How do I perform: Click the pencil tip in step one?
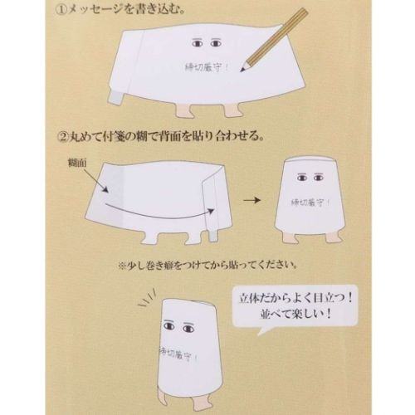click(242, 71)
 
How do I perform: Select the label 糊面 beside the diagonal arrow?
click(77, 164)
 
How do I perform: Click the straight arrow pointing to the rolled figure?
click(251, 200)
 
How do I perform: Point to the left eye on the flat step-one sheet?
click(198, 43)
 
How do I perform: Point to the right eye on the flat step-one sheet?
click(216, 43)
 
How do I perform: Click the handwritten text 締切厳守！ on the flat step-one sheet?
click(207, 67)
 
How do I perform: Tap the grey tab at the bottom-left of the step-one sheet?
click(115, 97)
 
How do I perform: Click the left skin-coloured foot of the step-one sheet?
click(184, 111)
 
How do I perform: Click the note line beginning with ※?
click(207, 266)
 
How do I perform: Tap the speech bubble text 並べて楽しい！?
click(295, 315)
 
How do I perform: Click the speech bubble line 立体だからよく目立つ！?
click(295, 299)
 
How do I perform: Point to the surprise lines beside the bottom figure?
click(147, 300)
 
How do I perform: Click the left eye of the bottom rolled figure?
click(169, 325)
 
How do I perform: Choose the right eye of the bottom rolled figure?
click(188, 328)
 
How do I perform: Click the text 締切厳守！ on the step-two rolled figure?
click(310, 203)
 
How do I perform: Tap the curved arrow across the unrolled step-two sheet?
click(159, 212)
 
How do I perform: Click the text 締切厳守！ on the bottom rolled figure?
click(178, 354)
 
